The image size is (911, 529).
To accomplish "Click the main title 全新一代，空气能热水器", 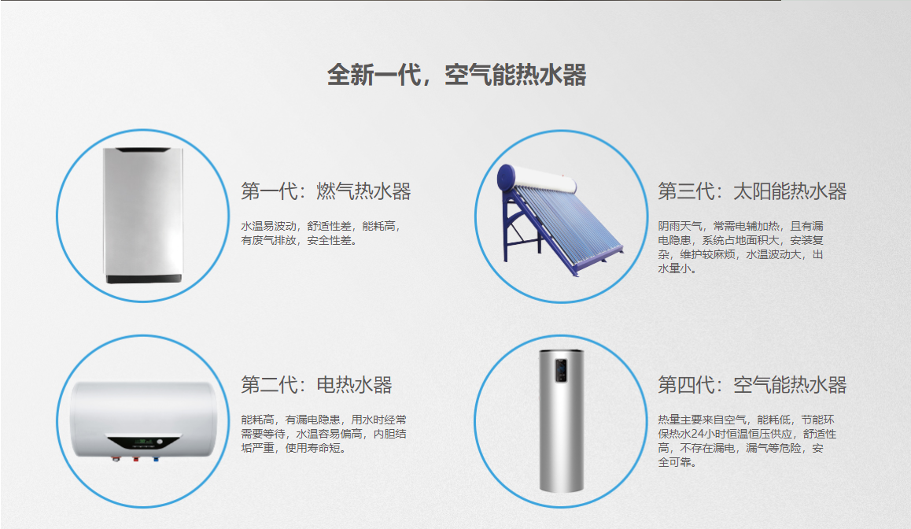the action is [456, 75].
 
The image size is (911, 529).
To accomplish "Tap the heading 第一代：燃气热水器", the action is [326, 191].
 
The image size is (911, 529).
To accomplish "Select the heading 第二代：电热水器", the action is [316, 385].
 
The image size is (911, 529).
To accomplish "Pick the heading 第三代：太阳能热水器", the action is [752, 191].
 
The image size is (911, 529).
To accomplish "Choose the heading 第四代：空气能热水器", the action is [752, 385].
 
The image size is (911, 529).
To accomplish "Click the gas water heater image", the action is [143, 215].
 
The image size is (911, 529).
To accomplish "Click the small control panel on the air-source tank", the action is [561, 370].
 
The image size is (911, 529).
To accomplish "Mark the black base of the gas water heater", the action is [143, 279].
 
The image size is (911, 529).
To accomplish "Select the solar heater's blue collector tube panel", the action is [566, 226].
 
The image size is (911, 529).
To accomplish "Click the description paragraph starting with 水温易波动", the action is [321, 233].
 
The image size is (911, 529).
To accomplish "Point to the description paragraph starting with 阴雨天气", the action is [741, 247].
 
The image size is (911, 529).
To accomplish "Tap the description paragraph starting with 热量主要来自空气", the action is [747, 441].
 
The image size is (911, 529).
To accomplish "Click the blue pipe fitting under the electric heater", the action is [156, 459].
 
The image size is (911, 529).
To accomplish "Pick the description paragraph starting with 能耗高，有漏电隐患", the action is [323, 434].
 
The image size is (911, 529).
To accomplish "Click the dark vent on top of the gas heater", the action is [143, 150].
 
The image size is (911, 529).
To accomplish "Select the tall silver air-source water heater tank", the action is [561, 420].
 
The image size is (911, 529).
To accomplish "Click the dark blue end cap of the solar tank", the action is [506, 177].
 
